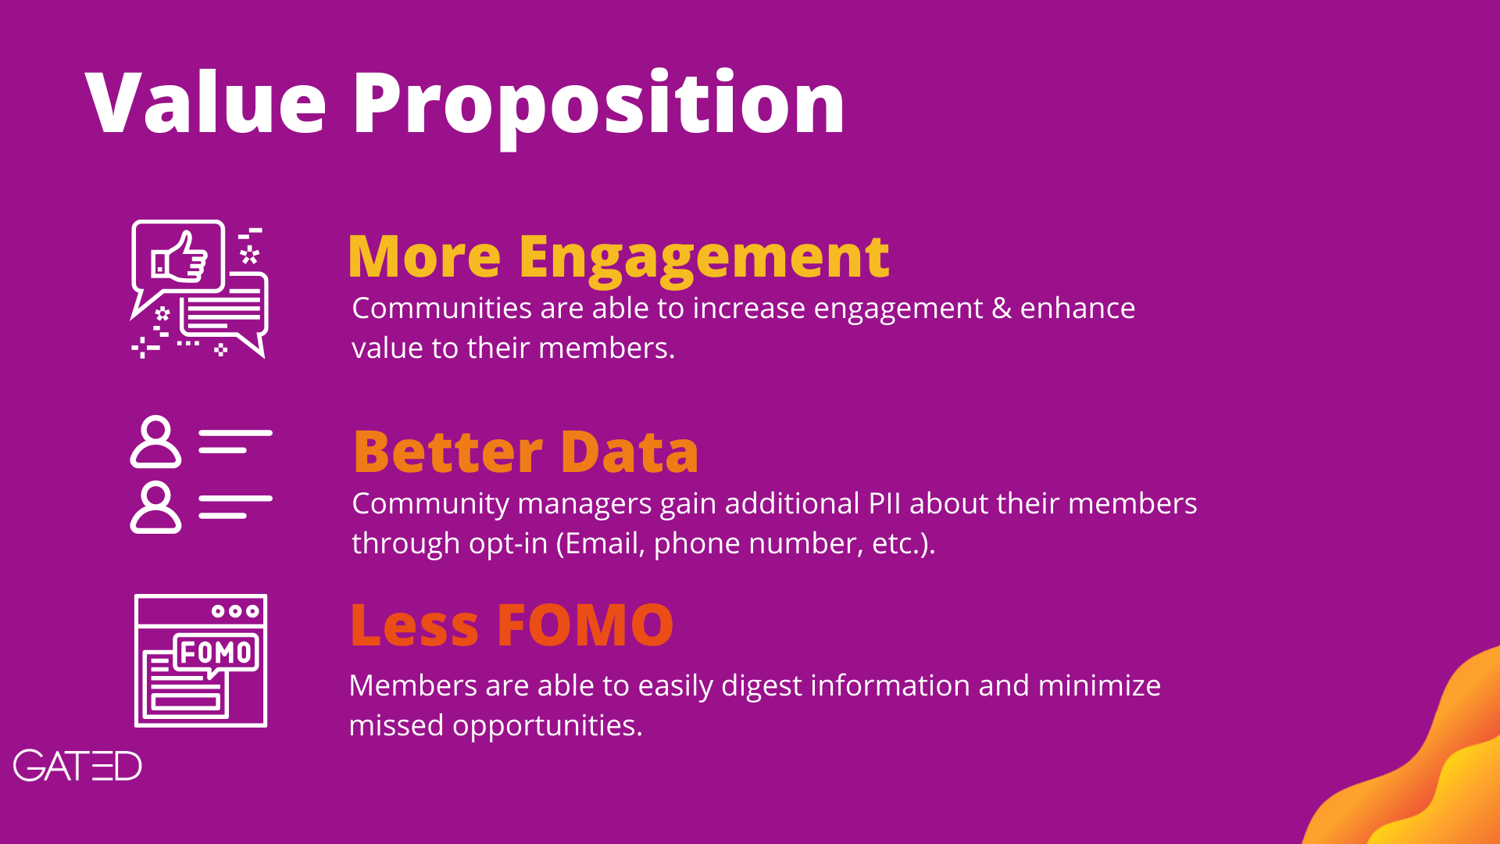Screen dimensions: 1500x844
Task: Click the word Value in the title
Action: pyautogui.click(x=205, y=102)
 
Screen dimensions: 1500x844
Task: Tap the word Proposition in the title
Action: pyautogui.click(x=599, y=107)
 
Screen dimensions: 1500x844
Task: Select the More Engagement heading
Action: pyautogui.click(x=618, y=259)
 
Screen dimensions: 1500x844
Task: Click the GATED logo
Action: pyautogui.click(x=77, y=766)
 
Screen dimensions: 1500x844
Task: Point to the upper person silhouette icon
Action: pyautogui.click(x=155, y=442)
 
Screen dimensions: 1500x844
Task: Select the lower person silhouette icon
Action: pyautogui.click(x=155, y=507)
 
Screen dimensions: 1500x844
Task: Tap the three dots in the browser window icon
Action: pyautogui.click(x=235, y=611)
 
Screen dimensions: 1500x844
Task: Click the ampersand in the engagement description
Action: pyautogui.click(x=1002, y=309)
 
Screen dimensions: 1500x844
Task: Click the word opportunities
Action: pyautogui.click(x=547, y=727)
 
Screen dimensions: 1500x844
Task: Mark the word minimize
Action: pyautogui.click(x=1099, y=685)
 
